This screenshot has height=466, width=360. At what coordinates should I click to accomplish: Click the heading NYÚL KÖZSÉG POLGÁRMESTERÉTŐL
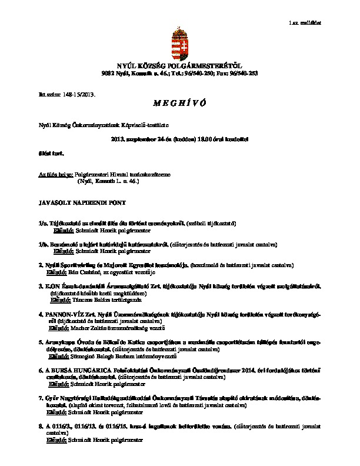coord(180,66)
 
